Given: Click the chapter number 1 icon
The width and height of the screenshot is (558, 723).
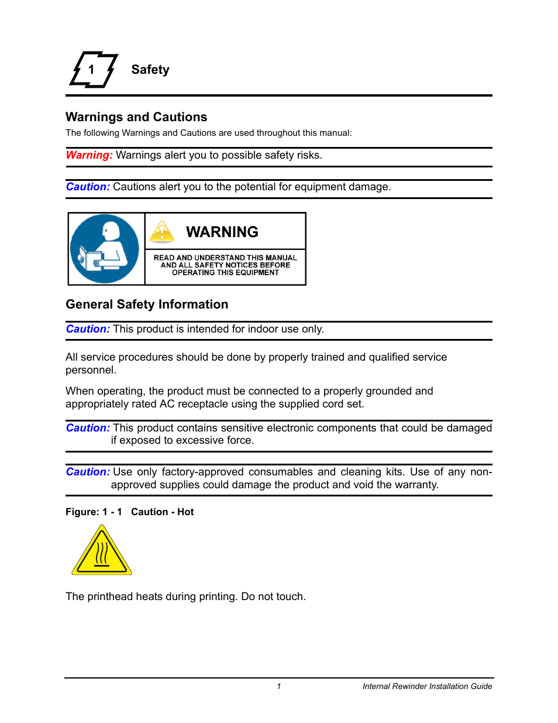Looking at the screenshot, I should (93, 70).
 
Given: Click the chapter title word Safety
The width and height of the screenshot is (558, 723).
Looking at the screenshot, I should (150, 70).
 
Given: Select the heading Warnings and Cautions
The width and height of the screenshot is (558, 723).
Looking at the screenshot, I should (136, 117).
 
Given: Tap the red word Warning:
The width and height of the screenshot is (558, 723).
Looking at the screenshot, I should (89, 155).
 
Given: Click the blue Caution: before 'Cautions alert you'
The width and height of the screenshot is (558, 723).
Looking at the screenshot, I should (88, 187).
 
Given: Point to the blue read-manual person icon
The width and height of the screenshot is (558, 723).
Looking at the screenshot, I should (105, 249).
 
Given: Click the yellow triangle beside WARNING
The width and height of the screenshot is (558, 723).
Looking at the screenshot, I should (162, 232).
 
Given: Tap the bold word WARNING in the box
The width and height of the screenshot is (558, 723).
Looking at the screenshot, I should (222, 232).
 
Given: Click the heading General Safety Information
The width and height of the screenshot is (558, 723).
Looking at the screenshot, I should (147, 304).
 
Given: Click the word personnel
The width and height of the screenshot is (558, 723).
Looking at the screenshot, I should (89, 370).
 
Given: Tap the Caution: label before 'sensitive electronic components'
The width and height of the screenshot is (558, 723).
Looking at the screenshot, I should (88, 428).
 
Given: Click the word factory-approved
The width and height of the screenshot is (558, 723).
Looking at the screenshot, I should (202, 472).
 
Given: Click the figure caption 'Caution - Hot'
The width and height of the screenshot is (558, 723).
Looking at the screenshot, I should (162, 512).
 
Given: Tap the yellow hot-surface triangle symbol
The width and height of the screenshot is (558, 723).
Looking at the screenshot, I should (102, 551).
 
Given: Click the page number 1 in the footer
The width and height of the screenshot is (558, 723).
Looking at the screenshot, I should (279, 686).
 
